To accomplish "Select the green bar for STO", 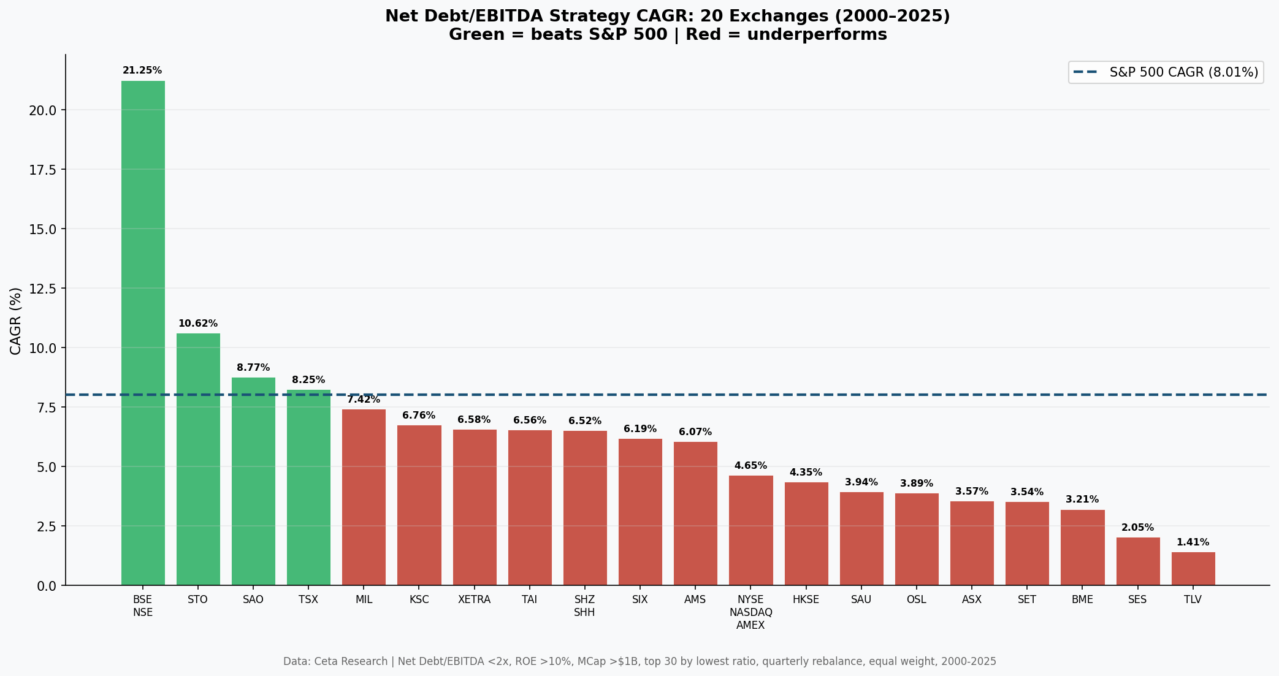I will point(198,459).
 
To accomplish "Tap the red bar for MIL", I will point(364,497).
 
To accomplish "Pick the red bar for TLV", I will point(1193,569).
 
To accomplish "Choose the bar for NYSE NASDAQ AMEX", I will point(750,530).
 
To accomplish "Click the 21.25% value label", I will point(142,70).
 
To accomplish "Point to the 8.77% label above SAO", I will point(253,368).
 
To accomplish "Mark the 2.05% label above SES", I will point(1137,528).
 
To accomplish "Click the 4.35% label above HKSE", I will point(806,473).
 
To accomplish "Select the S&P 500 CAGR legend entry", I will point(1166,72).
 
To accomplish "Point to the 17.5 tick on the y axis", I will point(43,170).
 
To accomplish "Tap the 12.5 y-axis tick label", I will point(43,289).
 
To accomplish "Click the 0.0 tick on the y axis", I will point(47,586).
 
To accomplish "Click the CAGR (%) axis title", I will point(16,321).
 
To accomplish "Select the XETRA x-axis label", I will point(474,600).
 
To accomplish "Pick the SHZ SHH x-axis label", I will point(584,606).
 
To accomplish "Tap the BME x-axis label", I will point(1082,600).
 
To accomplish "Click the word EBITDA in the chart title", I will point(508,17).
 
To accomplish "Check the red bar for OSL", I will point(917,539).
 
